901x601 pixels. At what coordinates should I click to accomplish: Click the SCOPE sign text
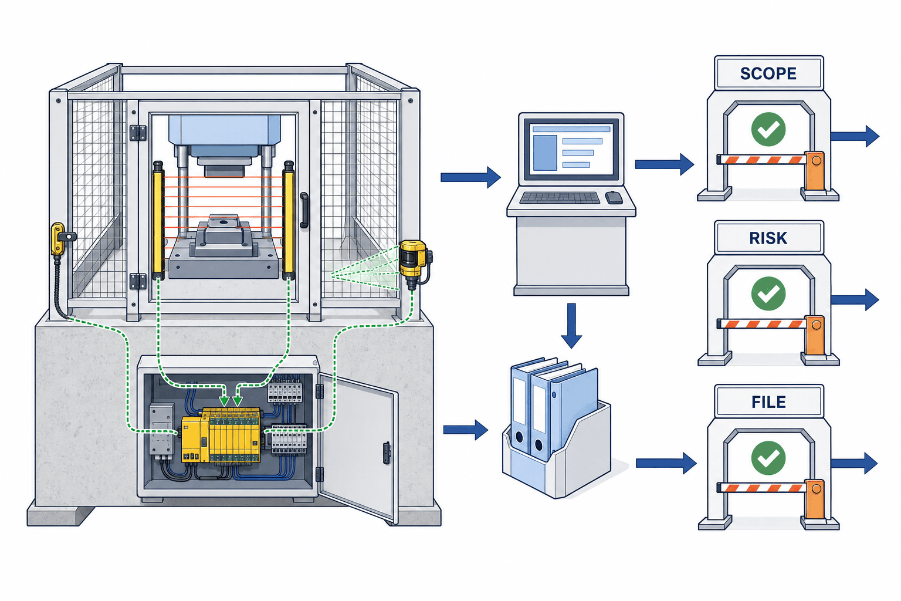click(x=768, y=74)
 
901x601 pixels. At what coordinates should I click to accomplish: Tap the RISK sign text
click(x=768, y=238)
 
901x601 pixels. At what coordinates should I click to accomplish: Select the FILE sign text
click(x=768, y=402)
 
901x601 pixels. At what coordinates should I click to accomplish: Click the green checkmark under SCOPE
click(x=768, y=129)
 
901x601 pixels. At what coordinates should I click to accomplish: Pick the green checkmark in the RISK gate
click(x=768, y=293)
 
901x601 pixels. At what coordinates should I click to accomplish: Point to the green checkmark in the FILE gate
click(x=768, y=458)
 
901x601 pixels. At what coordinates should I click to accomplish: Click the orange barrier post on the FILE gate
click(x=815, y=499)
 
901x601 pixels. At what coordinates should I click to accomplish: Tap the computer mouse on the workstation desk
click(x=614, y=197)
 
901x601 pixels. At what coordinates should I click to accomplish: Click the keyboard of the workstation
click(x=560, y=198)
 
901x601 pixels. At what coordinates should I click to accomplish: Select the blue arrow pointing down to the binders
click(x=571, y=325)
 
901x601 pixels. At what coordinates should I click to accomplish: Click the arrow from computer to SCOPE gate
click(x=665, y=164)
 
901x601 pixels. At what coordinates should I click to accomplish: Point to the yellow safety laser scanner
click(x=414, y=262)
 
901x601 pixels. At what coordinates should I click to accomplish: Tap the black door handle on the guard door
click(x=304, y=210)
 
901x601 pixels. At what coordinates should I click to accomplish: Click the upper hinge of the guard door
click(x=138, y=133)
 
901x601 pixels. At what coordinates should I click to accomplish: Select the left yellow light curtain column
click(x=158, y=220)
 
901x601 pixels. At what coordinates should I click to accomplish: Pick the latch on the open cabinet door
click(x=387, y=453)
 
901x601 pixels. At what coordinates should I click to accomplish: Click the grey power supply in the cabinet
click(x=162, y=430)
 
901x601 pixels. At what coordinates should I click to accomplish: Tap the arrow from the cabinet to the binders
click(x=465, y=430)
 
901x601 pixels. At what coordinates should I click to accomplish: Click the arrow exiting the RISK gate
click(x=855, y=299)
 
